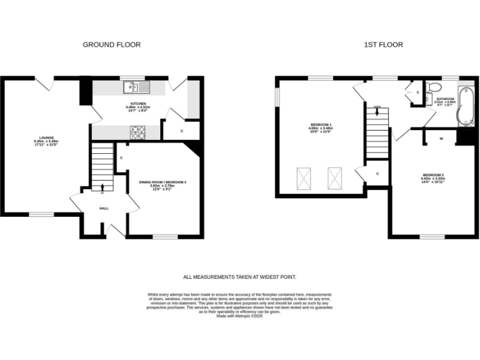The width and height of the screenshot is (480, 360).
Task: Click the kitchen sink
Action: (136, 87)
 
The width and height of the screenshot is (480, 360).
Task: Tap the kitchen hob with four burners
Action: (137, 131)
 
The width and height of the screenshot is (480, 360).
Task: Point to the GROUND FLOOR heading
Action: (112, 44)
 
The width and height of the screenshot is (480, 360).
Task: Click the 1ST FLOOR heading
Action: (383, 44)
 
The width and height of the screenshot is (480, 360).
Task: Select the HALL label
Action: (104, 208)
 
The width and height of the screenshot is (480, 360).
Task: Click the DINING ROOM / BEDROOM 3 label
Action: (162, 181)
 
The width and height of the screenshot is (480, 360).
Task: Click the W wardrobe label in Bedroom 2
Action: (441, 138)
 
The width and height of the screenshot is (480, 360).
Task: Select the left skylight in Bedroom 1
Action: (303, 177)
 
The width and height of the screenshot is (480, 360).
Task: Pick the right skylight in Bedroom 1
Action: (336, 177)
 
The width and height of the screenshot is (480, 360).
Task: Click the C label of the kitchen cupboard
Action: (181, 131)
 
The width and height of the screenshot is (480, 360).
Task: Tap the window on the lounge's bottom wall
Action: (42, 214)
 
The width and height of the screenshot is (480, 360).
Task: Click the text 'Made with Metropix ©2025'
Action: (239, 316)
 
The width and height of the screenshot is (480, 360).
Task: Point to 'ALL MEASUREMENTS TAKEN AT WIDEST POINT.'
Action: (239, 277)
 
